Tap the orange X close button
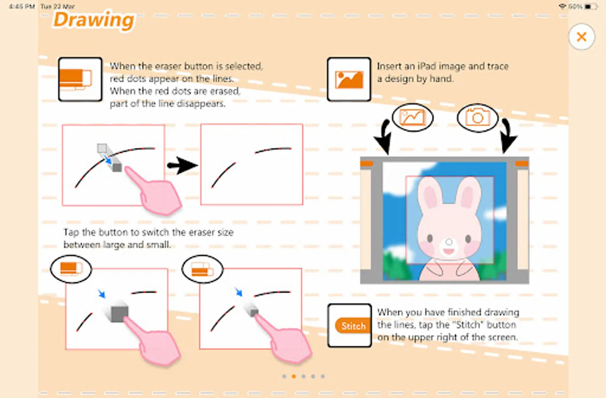pyautogui.click(x=582, y=37)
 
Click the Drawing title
pyautogui.click(x=94, y=20)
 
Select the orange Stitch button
pyautogui.click(x=353, y=326)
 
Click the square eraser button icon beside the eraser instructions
pyautogui.click(x=80, y=79)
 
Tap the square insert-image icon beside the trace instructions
pyautogui.click(x=349, y=79)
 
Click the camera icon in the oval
pyautogui.click(x=478, y=118)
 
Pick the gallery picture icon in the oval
pyautogui.click(x=412, y=118)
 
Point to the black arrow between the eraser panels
pyautogui.click(x=182, y=165)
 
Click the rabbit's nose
pyautogui.click(x=449, y=241)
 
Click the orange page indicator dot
pyautogui.click(x=294, y=376)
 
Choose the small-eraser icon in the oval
pyautogui.click(x=202, y=269)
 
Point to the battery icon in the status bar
pyautogui.click(x=591, y=6)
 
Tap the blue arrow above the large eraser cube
pyautogui.click(x=102, y=294)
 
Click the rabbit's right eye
pyautogui.click(x=468, y=239)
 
